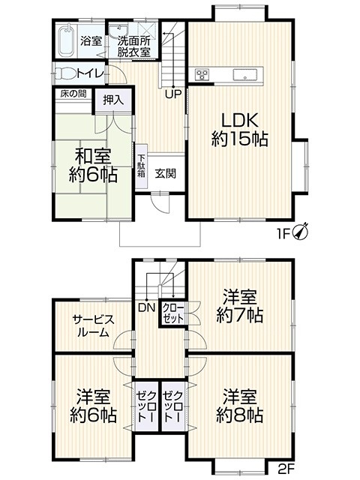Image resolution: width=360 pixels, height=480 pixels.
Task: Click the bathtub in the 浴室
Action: [x=66, y=40]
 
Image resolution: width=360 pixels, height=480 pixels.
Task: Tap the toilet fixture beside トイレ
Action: [x=64, y=73]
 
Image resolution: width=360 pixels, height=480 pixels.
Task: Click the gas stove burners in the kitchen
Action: [x=202, y=74]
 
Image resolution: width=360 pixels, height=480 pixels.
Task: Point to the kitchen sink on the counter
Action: [x=245, y=74]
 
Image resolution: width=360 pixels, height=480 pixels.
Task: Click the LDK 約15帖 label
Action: [x=240, y=130]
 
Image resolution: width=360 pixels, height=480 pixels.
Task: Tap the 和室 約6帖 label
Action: [x=93, y=165]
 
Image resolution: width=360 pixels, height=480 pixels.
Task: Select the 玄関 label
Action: [x=165, y=173]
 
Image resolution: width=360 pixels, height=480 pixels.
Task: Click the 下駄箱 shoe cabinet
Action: [x=142, y=166]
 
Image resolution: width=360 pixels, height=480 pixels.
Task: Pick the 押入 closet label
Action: [x=113, y=100]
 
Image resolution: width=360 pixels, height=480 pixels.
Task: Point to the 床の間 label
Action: [x=73, y=94]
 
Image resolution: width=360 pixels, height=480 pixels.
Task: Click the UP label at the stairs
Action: [x=173, y=94]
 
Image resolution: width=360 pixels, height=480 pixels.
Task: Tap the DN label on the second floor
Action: [x=147, y=307]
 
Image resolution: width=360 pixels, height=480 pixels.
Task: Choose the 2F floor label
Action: [x=286, y=468]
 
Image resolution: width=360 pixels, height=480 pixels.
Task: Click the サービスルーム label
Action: [x=93, y=325]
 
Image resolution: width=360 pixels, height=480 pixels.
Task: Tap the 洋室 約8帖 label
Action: [x=239, y=406]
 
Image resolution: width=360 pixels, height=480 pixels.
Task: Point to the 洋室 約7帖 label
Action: [x=239, y=306]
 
